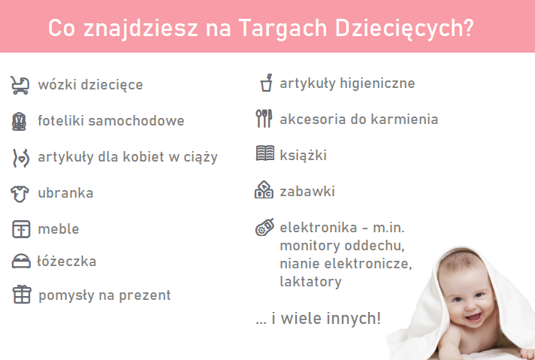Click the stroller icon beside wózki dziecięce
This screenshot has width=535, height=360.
tap(20, 85)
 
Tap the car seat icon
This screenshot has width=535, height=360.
tap(19, 121)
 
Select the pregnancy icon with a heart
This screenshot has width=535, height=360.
tap(21, 158)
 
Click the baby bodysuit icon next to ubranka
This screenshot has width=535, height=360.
tap(20, 194)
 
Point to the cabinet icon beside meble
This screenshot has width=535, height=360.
tap(21, 228)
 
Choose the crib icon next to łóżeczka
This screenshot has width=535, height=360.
tap(21, 261)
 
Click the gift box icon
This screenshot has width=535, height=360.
tap(22, 294)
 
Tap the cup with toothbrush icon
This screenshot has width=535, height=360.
tap(267, 83)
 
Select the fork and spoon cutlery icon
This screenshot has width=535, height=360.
tap(264, 119)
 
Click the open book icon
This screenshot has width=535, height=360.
tap(265, 153)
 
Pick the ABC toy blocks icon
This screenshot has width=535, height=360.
tap(264, 189)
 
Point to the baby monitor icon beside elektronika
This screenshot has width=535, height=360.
tap(264, 227)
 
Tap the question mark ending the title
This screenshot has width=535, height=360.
tap(469, 27)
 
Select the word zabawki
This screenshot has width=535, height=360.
tap(307, 192)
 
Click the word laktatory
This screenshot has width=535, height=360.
tap(310, 282)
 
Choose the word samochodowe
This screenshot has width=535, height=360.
tap(136, 121)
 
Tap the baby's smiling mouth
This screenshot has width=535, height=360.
tap(473, 317)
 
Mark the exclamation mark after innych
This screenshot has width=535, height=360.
tap(378, 319)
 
